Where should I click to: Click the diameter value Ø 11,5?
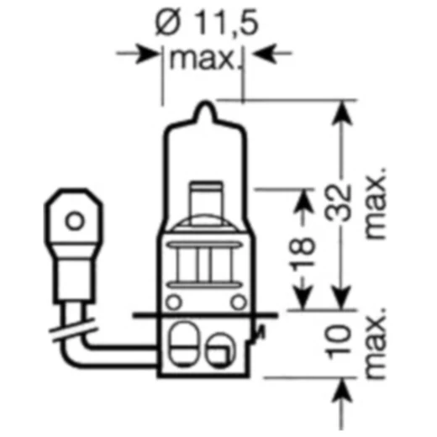pyautogui.click(x=203, y=25)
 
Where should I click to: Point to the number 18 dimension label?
pyautogui.click(x=303, y=248)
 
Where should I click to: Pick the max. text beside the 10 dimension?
pyautogui.click(x=376, y=345)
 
